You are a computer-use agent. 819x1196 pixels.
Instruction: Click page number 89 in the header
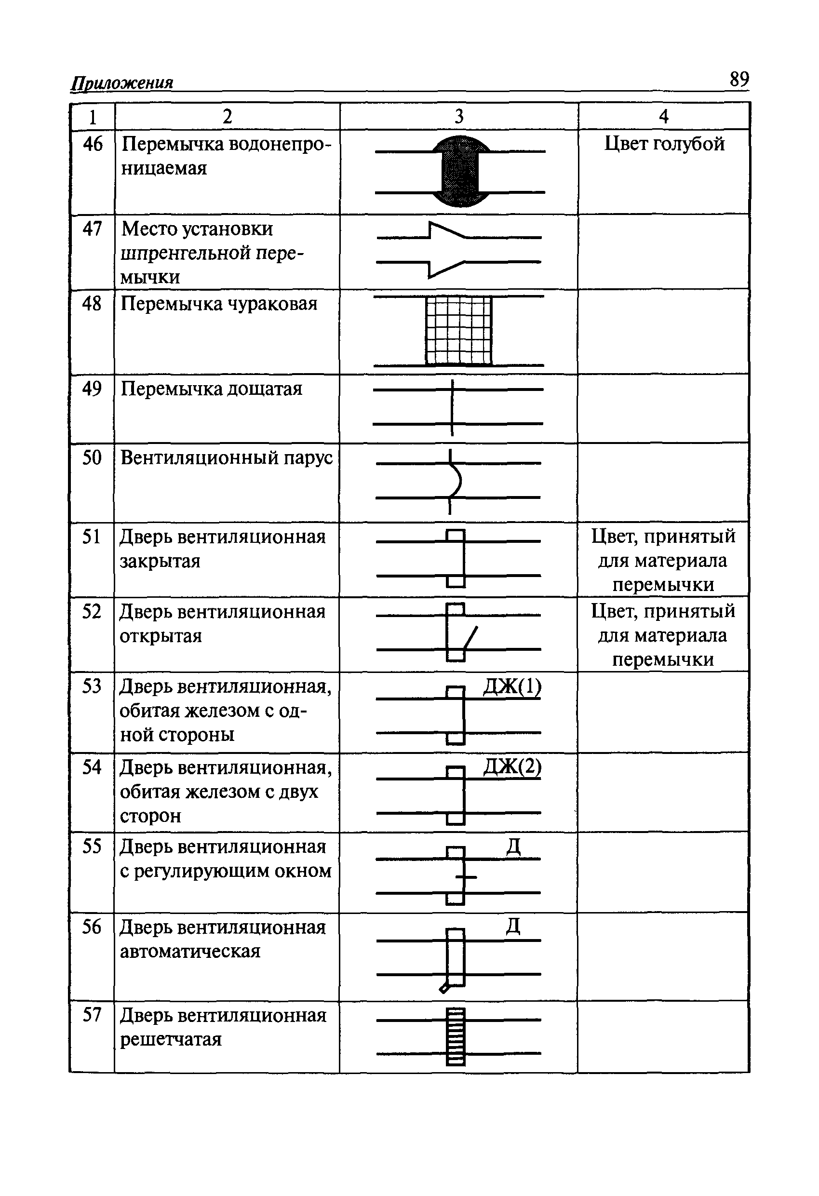tap(738, 79)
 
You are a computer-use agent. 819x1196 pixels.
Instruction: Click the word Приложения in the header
tap(121, 83)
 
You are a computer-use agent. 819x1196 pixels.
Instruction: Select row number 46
tap(93, 144)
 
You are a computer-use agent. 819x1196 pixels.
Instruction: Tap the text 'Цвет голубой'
tap(664, 144)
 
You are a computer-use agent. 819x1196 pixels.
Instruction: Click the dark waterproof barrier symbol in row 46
tap(460, 171)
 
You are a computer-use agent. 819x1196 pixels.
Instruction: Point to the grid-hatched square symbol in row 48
tap(458, 331)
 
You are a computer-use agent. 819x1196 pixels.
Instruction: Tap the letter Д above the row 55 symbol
tap(513, 847)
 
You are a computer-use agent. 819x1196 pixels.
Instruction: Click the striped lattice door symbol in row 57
tap(456, 1036)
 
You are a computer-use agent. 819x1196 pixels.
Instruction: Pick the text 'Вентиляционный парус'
tap(227, 457)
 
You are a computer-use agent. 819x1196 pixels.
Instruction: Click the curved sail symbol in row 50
tap(455, 481)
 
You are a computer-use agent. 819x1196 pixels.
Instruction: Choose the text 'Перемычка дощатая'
tap(211, 389)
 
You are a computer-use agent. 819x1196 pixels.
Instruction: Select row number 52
tap(92, 612)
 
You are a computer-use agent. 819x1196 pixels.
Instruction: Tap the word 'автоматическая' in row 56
tap(190, 951)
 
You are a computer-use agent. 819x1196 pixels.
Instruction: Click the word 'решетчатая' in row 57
tap(171, 1039)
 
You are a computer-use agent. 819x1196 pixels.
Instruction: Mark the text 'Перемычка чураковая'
tap(219, 304)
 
